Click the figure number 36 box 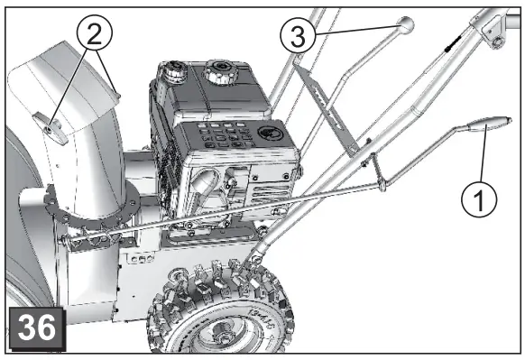click(x=36, y=328)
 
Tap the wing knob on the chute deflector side click(x=53, y=131)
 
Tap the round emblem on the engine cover click(x=267, y=133)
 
